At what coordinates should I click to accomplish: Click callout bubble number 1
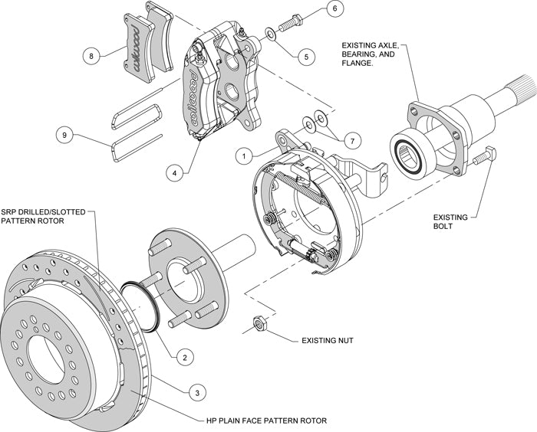[244, 155]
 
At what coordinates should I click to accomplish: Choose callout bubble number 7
[350, 141]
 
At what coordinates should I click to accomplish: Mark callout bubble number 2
[183, 356]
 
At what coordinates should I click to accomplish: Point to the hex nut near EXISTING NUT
[259, 324]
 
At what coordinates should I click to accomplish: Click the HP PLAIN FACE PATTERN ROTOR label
[266, 421]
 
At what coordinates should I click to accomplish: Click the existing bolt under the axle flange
[481, 158]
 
